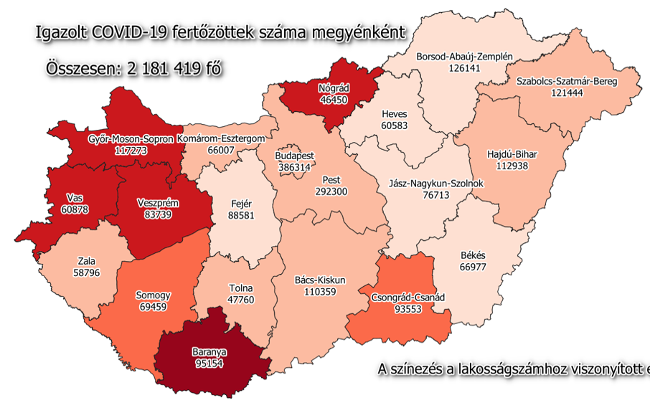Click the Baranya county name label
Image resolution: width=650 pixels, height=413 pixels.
[x=209, y=352]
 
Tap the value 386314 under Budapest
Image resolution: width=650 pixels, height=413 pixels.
[x=296, y=166]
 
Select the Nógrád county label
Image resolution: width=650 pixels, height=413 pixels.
[x=333, y=88]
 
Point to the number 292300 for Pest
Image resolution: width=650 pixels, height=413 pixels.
[x=331, y=191]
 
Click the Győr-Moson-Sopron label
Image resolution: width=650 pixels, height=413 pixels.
[x=131, y=139]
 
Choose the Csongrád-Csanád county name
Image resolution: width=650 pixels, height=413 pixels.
[x=408, y=298]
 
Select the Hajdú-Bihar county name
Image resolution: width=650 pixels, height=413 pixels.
[x=512, y=153]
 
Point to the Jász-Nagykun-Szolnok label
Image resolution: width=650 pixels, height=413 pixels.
[x=435, y=184]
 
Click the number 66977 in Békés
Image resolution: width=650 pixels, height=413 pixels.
[x=473, y=267]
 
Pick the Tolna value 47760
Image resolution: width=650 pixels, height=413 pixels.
[x=240, y=300]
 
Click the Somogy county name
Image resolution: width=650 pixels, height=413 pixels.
[x=153, y=295]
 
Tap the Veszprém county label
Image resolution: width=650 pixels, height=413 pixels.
[x=157, y=203]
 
